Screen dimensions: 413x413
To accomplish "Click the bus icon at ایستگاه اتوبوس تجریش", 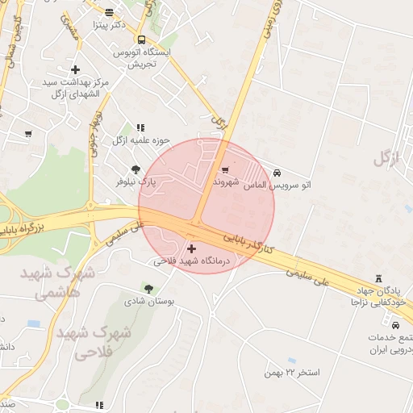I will [x=142, y=40].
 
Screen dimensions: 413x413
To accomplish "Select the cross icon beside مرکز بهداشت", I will [x=76, y=70].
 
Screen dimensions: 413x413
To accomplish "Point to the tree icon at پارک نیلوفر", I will [x=136, y=169].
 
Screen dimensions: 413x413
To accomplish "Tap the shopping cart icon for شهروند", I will [x=224, y=169].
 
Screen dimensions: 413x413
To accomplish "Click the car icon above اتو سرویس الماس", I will [x=277, y=173].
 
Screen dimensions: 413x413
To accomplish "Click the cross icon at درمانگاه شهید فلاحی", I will [x=191, y=248].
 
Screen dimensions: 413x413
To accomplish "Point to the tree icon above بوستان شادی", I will [x=148, y=288].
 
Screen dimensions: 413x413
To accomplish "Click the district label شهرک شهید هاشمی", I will [x=65, y=282].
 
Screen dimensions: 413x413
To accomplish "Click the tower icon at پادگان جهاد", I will [x=380, y=277].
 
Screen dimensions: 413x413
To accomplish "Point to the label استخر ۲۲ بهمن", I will [x=291, y=373].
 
